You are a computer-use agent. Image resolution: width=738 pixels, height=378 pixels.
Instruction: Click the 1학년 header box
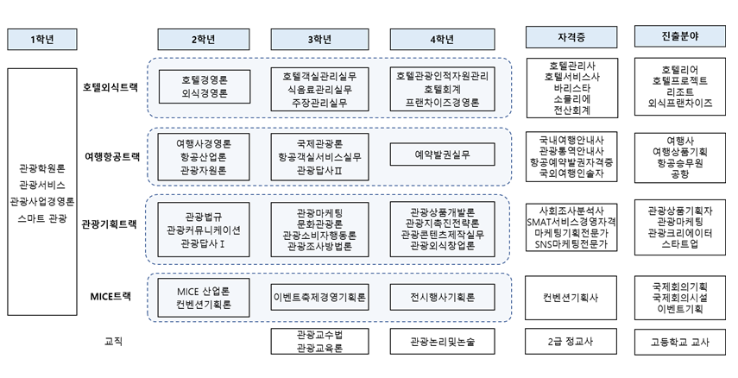42,38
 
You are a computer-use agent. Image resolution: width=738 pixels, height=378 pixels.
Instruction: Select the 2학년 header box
202,38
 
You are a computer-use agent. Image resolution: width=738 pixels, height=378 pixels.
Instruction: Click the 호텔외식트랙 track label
110,88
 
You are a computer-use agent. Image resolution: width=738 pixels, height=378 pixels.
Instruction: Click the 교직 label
112,341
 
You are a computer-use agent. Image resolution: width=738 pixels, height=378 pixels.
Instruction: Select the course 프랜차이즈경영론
443,102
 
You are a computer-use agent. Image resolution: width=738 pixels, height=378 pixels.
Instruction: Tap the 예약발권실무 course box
443,154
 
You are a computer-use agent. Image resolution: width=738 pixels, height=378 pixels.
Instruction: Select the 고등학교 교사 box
678,342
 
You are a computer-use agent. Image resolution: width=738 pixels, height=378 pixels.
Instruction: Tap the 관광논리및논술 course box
443,342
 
